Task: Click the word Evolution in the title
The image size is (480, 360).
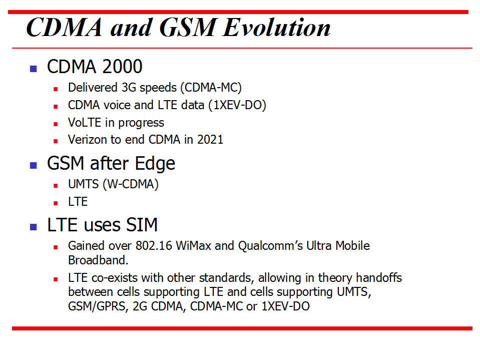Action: pyautogui.click(x=277, y=28)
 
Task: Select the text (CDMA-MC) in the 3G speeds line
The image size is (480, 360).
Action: pyautogui.click(x=211, y=88)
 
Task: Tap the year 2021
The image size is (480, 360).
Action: pyautogui.click(x=210, y=140)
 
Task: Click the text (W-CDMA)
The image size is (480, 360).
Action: pyautogui.click(x=131, y=184)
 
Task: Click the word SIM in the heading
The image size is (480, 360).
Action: pyautogui.click(x=143, y=225)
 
